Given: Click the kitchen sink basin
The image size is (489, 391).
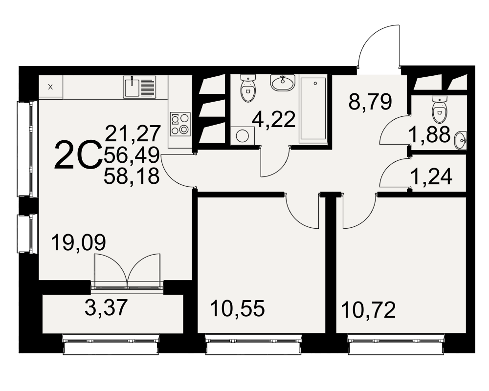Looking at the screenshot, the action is tap(132, 87).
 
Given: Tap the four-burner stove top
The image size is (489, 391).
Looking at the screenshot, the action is tap(180, 124).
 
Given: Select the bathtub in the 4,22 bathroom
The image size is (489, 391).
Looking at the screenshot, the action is tap(313, 109).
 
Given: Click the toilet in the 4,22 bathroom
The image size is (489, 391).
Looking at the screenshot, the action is tap(248, 89).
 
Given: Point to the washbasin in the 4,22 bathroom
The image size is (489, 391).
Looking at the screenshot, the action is tap(283, 83).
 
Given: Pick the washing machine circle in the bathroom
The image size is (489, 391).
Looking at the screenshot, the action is tap(243, 136).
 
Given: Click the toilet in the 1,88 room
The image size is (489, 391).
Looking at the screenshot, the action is tap(440, 109).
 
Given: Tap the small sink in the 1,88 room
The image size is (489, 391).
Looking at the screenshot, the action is tap(461, 141).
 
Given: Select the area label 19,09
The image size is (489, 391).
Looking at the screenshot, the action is tap(78, 242).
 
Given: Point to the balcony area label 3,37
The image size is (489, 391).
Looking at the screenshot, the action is tap(106, 307).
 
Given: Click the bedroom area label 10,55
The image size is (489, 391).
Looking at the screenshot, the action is tap(237, 309).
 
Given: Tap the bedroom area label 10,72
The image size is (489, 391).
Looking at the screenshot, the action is tap(369, 310).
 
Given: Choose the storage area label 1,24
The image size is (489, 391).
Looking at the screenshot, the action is tap(432, 177).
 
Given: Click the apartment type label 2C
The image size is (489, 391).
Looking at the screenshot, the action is tap(78, 155).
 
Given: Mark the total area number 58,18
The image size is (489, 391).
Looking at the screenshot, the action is tap(132, 176).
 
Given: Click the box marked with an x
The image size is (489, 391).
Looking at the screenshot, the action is tap(50, 87).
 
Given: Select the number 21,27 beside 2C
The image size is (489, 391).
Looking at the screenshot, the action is tap(133, 133).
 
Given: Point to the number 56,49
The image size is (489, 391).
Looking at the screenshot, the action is tap(132, 155).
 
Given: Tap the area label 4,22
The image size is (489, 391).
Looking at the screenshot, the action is tap(274, 119).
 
